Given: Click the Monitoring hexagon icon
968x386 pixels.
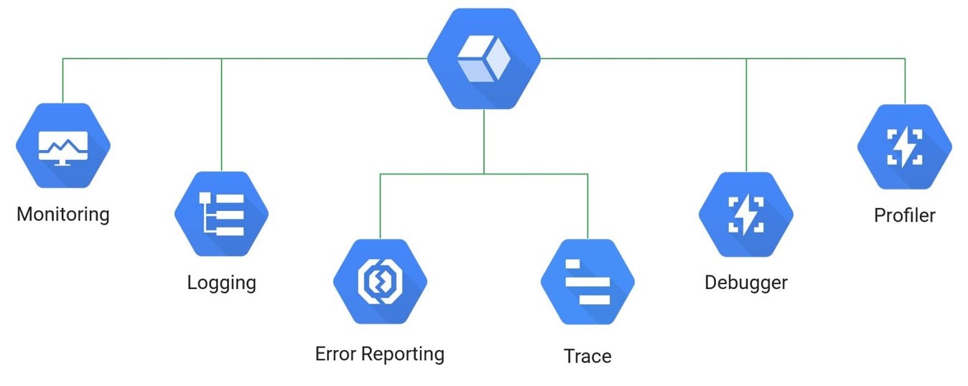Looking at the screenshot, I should pyautogui.click(x=63, y=146).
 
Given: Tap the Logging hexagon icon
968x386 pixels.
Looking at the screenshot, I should pyautogui.click(x=221, y=214).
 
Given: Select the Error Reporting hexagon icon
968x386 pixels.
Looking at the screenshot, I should pyautogui.click(x=380, y=282).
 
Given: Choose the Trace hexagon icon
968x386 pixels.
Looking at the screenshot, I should pyautogui.click(x=587, y=282).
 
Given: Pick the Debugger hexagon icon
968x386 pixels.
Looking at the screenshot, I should pyautogui.click(x=746, y=215).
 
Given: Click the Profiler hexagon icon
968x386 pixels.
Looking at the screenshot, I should pyautogui.click(x=905, y=147).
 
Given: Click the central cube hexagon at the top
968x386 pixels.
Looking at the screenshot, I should pyautogui.click(x=484, y=59).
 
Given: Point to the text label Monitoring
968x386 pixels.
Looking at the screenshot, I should pyautogui.click(x=63, y=214).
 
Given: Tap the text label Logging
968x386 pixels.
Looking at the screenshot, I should pyautogui.click(x=221, y=283).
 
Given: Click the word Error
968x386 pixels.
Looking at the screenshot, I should pyautogui.click(x=336, y=354).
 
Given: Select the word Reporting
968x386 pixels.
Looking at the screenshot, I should pyautogui.click(x=403, y=354).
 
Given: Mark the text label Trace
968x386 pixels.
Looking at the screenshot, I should pyautogui.click(x=587, y=357).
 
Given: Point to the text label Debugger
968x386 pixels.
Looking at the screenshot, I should pyautogui.click(x=746, y=283).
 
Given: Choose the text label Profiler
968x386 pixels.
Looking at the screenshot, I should pyautogui.click(x=905, y=215).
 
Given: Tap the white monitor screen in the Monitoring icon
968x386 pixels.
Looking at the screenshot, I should pyautogui.click(x=63, y=143).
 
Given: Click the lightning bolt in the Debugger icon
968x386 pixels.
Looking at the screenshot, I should pyautogui.click(x=746, y=215).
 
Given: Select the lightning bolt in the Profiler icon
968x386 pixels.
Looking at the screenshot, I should pyautogui.click(x=905, y=147).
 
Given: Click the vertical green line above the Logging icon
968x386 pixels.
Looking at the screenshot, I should pyautogui.click(x=221, y=115).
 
